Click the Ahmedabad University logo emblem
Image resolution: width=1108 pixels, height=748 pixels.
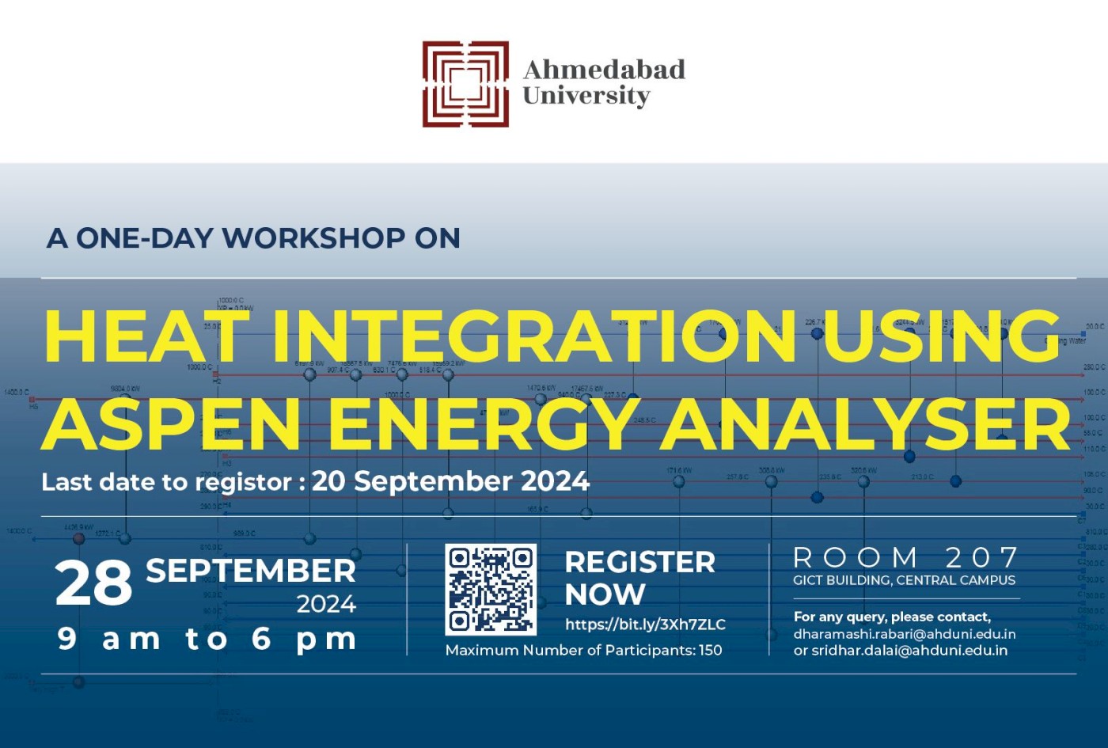tap(465, 84)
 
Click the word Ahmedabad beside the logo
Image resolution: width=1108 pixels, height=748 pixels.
tap(604, 70)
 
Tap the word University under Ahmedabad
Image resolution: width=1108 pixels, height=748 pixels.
tap(586, 96)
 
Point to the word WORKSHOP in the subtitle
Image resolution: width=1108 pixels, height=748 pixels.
tap(313, 238)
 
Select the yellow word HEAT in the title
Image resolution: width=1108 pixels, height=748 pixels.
tap(146, 336)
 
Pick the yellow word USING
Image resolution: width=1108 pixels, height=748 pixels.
tap(942, 336)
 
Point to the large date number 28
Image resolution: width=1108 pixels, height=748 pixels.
tap(93, 583)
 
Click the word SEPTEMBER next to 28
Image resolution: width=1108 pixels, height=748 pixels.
tap(251, 571)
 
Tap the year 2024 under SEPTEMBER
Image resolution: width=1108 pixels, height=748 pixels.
tap(326, 605)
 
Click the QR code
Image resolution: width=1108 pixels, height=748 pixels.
tap(491, 590)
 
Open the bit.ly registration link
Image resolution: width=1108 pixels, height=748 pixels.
tap(645, 625)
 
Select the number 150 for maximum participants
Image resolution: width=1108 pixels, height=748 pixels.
tap(710, 651)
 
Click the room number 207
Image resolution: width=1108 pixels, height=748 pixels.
tap(981, 558)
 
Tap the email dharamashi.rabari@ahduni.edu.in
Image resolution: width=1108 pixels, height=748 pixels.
tap(905, 634)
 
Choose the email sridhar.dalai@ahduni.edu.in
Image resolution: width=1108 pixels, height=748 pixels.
tap(909, 651)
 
